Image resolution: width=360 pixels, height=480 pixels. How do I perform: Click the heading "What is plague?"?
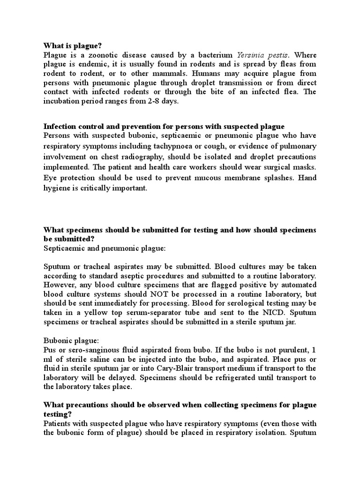(72, 45)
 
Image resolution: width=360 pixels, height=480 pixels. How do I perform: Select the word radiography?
(142, 157)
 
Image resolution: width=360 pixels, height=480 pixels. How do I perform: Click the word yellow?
(91, 313)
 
